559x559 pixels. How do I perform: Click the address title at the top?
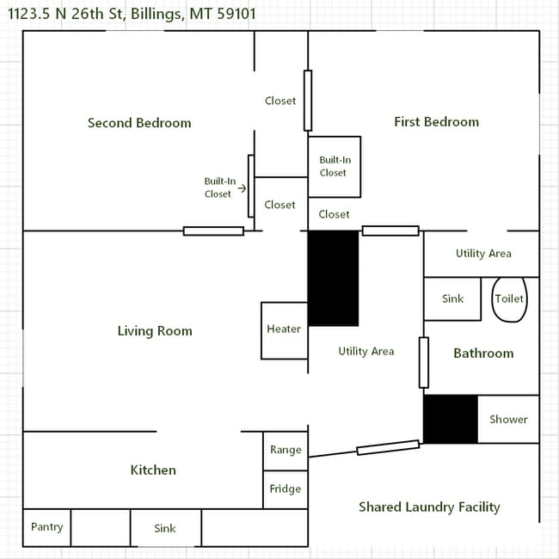(132, 14)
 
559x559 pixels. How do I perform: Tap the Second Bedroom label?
(139, 123)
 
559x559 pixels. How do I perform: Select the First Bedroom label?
(436, 122)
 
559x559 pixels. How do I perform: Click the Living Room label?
(155, 331)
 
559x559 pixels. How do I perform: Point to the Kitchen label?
(153, 470)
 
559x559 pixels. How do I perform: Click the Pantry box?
(46, 527)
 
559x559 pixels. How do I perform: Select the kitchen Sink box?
(165, 528)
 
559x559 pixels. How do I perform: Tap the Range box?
(286, 451)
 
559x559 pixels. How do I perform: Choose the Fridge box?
(286, 489)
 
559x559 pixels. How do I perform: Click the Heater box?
(284, 330)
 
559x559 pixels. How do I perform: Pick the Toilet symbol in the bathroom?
(509, 299)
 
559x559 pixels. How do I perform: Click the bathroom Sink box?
(452, 299)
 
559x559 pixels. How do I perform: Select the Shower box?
(508, 420)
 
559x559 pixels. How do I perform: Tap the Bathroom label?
(483, 353)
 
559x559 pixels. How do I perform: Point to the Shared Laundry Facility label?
(429, 507)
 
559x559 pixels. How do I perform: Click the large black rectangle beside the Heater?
(333, 278)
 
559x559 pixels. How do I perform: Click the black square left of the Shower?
(450, 419)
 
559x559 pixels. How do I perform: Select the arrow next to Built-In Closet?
(242, 188)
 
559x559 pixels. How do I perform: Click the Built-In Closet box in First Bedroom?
(334, 167)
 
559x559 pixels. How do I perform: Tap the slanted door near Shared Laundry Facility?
(388, 448)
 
